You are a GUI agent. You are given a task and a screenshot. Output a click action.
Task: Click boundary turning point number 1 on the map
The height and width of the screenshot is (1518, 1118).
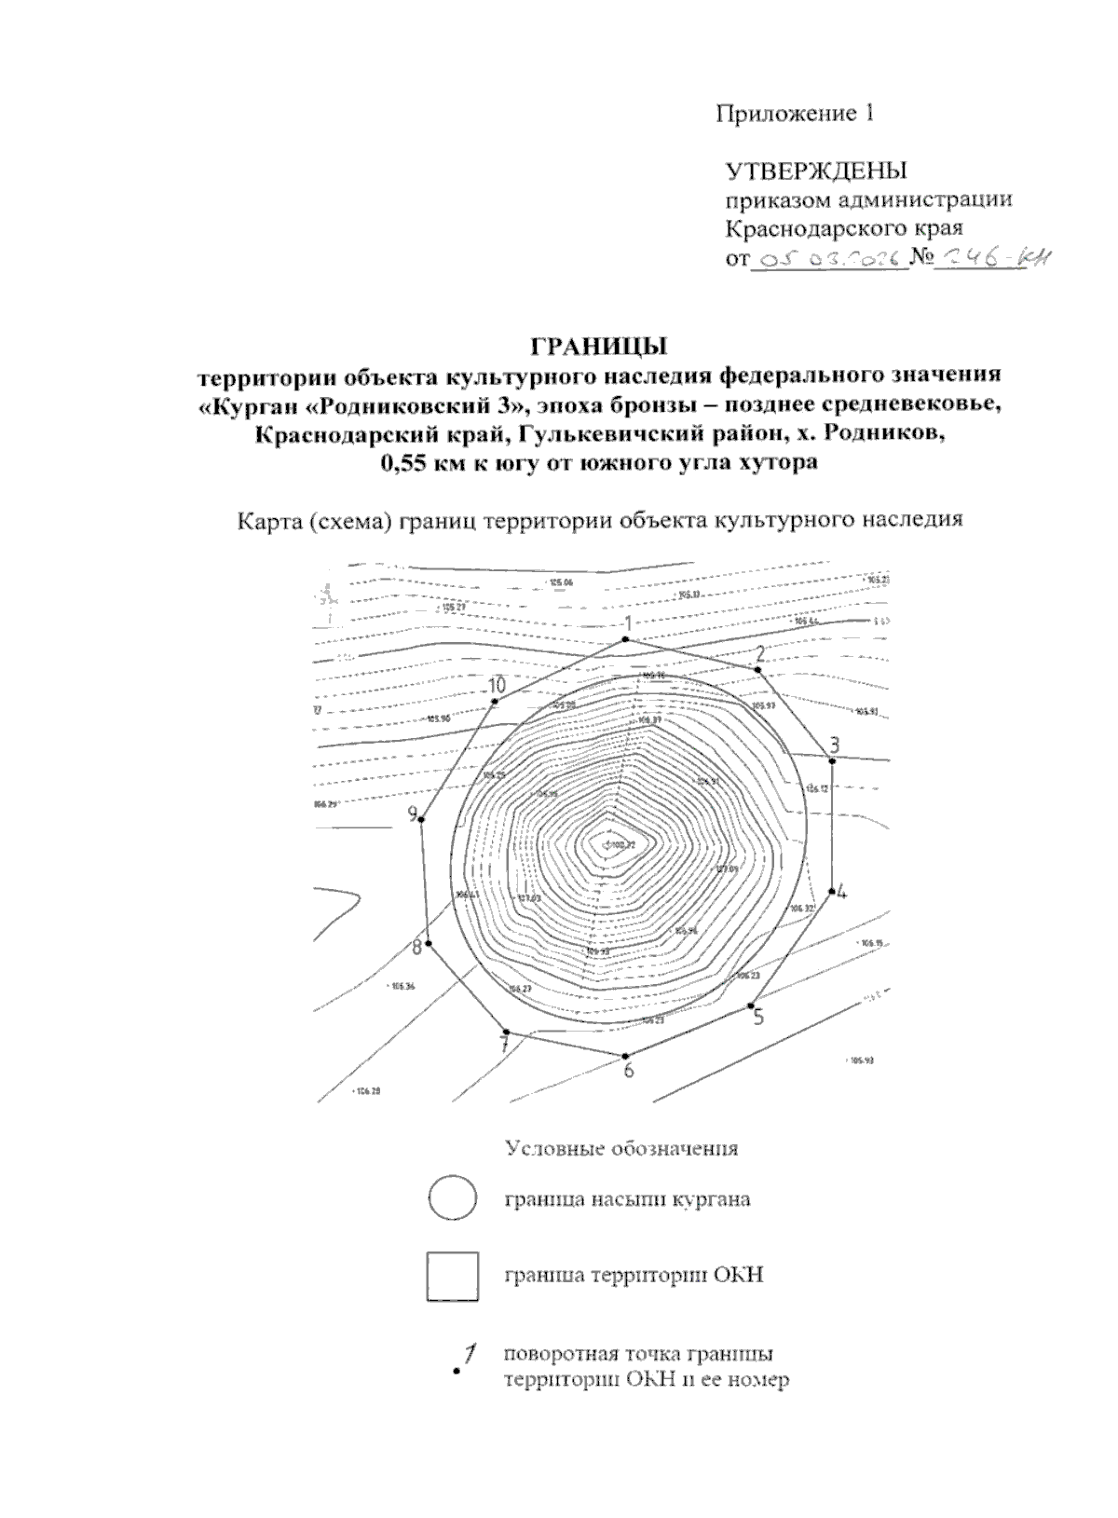[626, 639]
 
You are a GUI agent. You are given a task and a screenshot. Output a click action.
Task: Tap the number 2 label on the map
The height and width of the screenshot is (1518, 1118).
[760, 652]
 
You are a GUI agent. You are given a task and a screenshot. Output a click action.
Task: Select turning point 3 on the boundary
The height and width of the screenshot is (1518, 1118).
[834, 760]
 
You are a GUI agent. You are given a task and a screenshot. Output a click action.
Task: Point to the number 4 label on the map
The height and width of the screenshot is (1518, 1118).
[841, 891]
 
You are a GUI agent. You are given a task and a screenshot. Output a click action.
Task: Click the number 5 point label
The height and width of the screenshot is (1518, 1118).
[758, 1018]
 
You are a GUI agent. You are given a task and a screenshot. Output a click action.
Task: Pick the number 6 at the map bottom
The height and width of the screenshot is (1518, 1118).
[629, 1071]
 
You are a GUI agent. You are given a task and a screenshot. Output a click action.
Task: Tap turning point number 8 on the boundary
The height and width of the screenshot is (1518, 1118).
[429, 944]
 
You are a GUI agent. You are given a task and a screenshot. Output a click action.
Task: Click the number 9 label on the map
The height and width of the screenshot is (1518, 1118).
[413, 814]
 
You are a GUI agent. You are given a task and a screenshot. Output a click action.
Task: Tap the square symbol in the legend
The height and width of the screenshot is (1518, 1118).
[452, 1276]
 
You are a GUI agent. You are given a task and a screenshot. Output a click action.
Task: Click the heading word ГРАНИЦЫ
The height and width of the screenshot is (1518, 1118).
[600, 347]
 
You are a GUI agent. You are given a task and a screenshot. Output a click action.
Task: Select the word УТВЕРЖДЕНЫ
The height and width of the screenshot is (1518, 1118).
[816, 171]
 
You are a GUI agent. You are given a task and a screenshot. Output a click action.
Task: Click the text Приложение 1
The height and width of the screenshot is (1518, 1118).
[795, 114]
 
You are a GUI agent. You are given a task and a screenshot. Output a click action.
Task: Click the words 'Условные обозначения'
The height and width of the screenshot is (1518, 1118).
[621, 1148]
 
